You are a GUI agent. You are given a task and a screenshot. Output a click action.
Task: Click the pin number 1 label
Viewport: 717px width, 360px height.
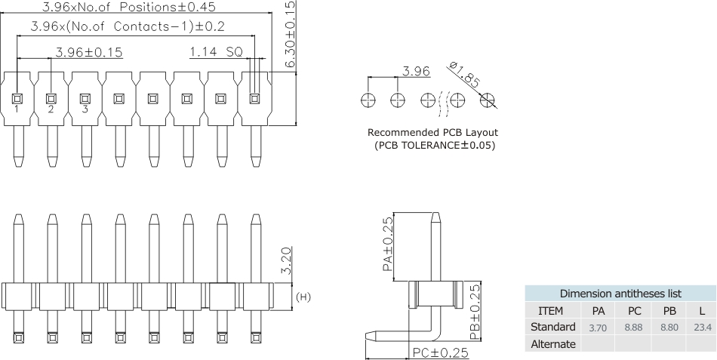tap(17, 109)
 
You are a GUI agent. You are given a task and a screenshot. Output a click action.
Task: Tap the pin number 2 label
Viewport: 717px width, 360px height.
tap(51, 109)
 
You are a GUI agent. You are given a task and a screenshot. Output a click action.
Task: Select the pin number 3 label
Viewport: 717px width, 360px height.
tap(85, 109)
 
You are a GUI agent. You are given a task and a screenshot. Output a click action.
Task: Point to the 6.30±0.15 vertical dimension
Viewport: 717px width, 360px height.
tap(291, 34)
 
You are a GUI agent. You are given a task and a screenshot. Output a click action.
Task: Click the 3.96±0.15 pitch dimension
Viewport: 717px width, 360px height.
tap(89, 53)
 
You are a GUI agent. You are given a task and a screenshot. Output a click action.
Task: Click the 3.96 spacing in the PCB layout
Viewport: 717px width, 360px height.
tap(416, 72)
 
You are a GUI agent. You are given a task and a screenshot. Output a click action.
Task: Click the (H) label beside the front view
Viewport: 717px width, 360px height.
tap(302, 297)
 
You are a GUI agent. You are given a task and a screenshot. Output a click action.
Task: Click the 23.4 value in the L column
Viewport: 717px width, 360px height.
tap(701, 328)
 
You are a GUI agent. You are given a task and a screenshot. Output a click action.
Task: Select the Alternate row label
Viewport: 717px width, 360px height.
tap(554, 344)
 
